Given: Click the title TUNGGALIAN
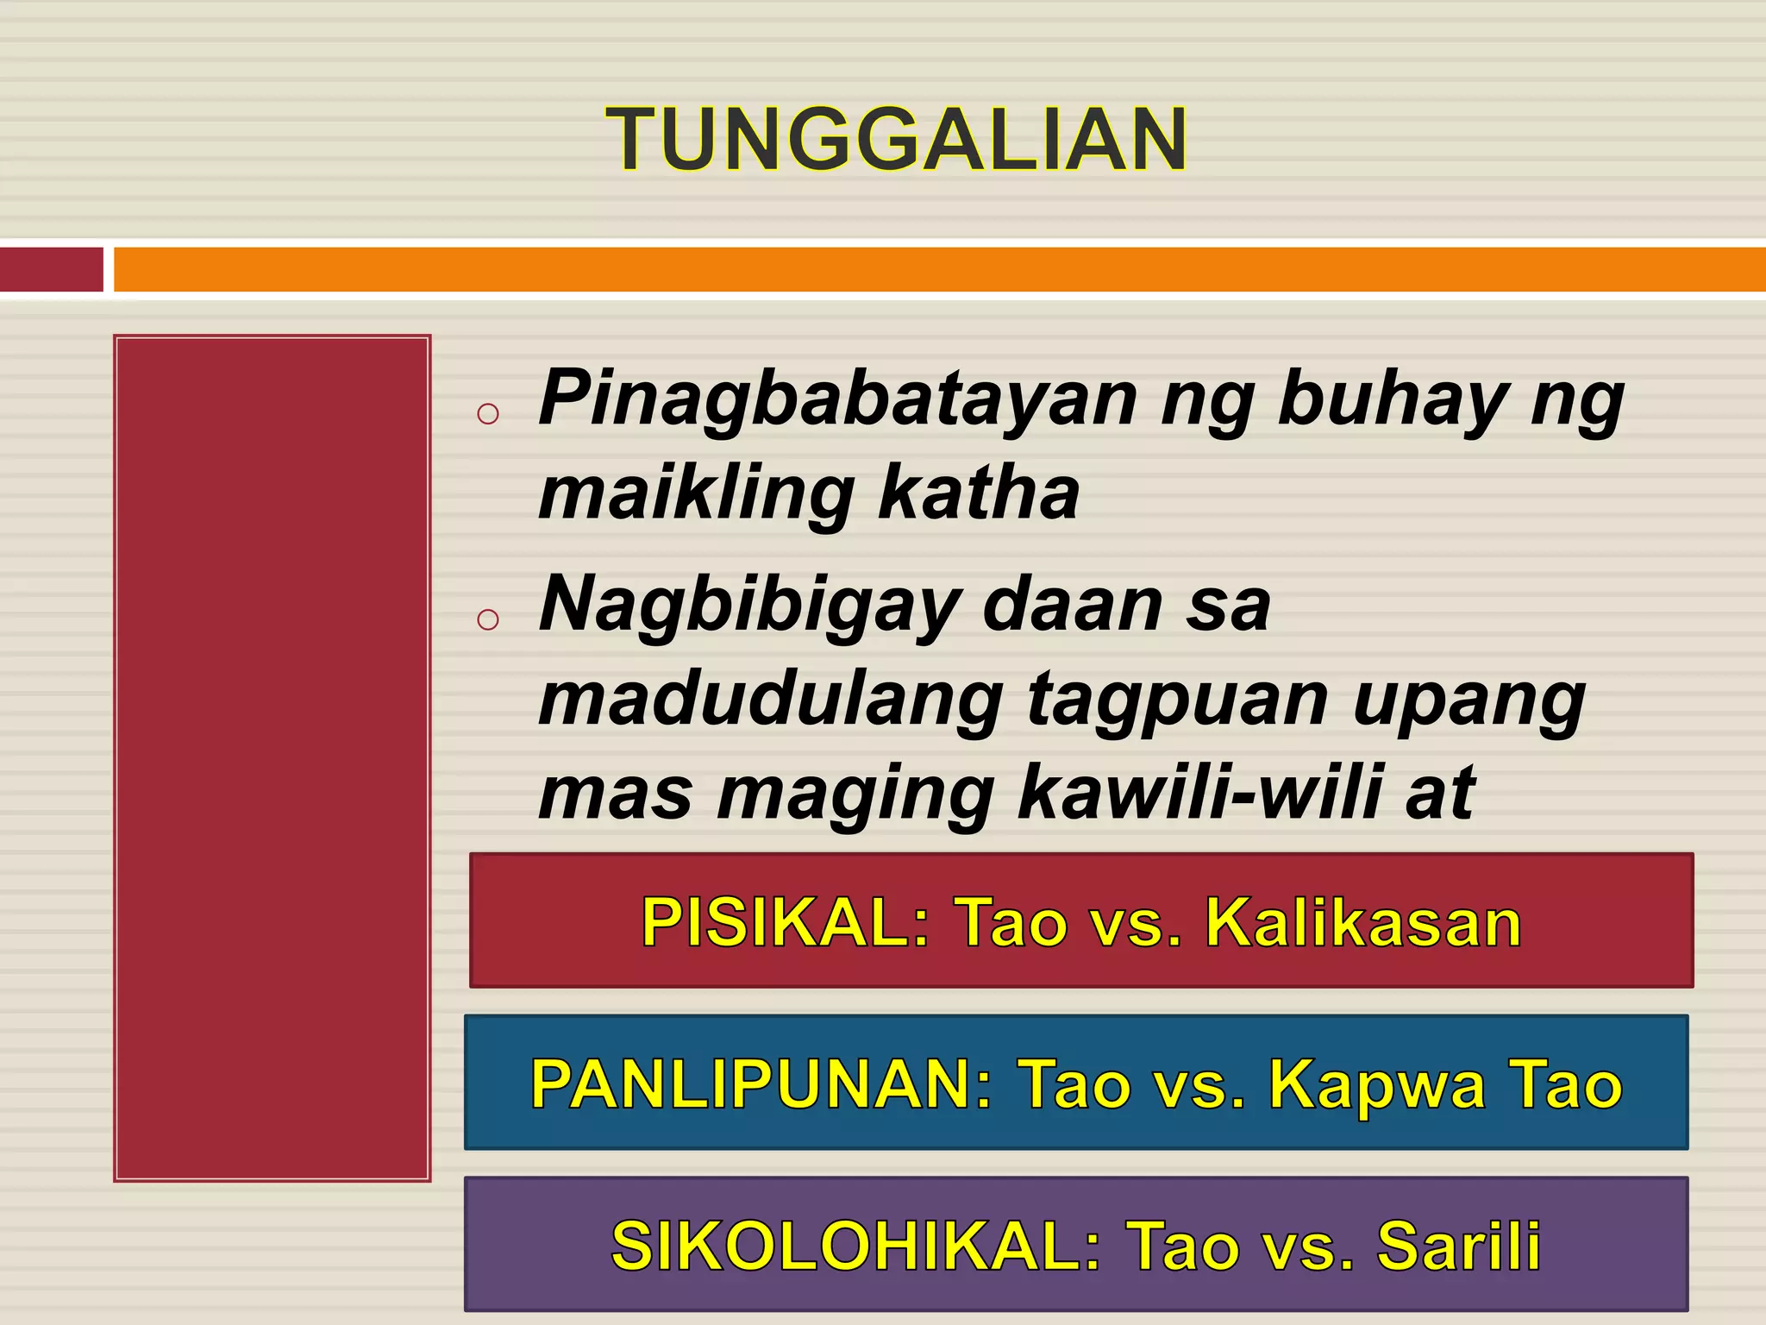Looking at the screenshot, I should pyautogui.click(x=897, y=140).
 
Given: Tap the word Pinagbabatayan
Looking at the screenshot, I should pyautogui.click(x=837, y=399).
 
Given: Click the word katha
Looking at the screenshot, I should pyautogui.click(x=978, y=493).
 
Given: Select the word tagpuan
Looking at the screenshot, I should pyautogui.click(x=1176, y=700).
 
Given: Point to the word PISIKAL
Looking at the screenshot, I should pyautogui.click(x=785, y=922).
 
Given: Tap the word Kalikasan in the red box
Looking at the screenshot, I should pyautogui.click(x=1363, y=922).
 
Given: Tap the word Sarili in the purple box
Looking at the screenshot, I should pyautogui.click(x=1458, y=1246).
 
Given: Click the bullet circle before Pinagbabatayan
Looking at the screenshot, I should pyautogui.click(x=488, y=413).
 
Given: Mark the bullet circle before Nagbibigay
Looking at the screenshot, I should pyautogui.click(x=488, y=619).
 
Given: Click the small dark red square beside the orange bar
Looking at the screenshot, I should pyautogui.click(x=51, y=269).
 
